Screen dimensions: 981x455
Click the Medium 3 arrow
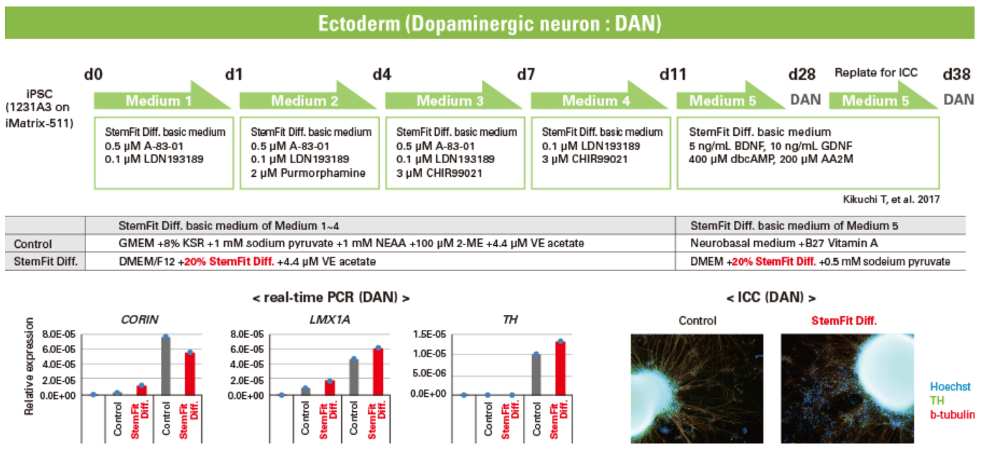coord(453,96)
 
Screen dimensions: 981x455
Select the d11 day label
coord(673,75)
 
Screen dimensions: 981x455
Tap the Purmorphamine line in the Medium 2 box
coord(308,173)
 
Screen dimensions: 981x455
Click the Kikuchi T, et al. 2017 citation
coord(891,199)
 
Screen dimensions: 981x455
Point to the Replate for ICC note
coord(876,73)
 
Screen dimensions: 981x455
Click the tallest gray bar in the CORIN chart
coord(166,366)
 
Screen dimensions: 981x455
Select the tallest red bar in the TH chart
coord(560,368)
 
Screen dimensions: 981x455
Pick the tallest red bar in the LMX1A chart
coord(378,372)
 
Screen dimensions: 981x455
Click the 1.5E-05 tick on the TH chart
coord(429,334)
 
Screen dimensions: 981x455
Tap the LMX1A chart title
coord(330,320)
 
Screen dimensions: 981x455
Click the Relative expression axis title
coord(29,366)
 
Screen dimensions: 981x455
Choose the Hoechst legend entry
coord(950,387)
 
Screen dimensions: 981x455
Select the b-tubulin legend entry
coord(952,415)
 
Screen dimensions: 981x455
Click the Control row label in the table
coord(33,244)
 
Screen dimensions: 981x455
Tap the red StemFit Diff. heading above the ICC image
coord(844,321)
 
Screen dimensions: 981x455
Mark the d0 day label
coord(93,75)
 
